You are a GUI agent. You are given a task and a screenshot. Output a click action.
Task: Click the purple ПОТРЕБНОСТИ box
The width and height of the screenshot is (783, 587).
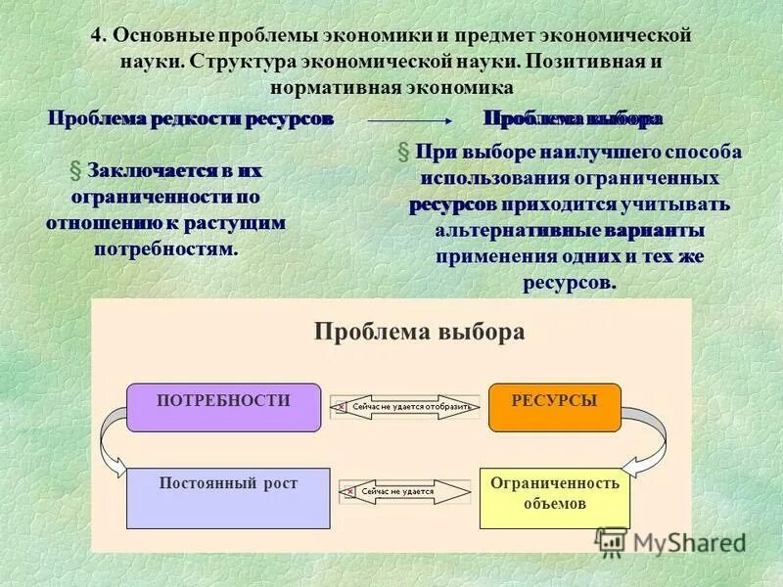tap(224, 407)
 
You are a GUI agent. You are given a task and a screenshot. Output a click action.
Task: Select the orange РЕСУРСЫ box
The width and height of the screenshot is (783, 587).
tap(554, 407)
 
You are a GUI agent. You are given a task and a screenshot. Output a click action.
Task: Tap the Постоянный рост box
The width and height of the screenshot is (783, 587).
tap(228, 498)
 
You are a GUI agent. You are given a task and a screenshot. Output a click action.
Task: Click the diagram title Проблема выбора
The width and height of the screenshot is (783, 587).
tap(419, 332)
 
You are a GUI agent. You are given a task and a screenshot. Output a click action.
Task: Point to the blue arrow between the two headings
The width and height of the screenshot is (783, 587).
tap(409, 121)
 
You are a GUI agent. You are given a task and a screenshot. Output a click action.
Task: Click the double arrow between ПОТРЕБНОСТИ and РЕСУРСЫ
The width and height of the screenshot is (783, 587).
tap(404, 406)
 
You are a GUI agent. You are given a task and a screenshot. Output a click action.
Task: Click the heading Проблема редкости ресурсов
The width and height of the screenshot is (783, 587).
tap(192, 119)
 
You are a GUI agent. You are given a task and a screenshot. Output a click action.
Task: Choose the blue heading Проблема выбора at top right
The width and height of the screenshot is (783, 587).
tap(573, 119)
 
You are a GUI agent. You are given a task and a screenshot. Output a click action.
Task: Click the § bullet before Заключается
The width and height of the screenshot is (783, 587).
tap(74, 170)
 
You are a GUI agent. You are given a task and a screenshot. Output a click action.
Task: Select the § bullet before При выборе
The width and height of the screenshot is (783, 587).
tap(402, 154)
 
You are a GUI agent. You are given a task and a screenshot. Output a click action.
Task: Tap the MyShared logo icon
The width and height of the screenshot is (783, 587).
tap(612, 541)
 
